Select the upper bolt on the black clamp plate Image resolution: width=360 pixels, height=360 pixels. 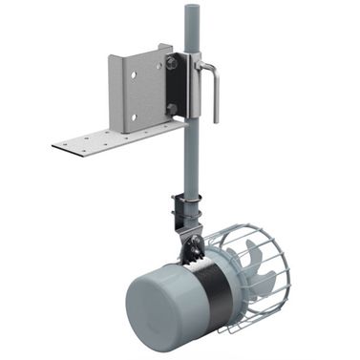point(171,64)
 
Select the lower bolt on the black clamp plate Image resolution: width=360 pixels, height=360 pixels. point(171,108)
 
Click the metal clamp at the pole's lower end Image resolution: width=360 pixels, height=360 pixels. point(187,210)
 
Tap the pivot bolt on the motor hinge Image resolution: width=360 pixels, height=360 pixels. point(196,250)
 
